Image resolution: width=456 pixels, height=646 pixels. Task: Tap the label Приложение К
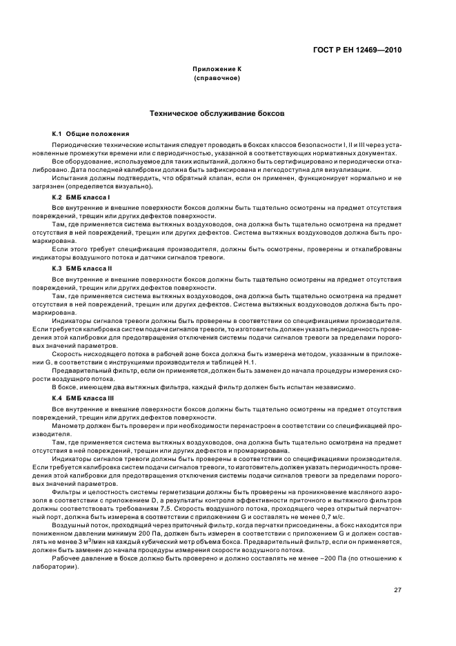(x=216, y=70)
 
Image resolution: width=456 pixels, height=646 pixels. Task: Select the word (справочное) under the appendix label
(x=216, y=79)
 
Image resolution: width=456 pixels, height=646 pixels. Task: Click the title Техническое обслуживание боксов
(x=216, y=112)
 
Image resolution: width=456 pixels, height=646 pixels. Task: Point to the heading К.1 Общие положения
(x=90, y=133)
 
